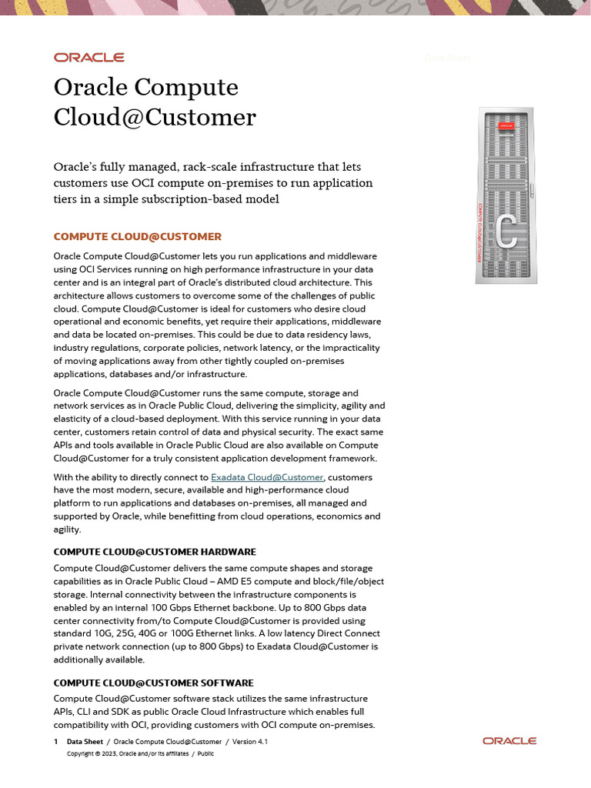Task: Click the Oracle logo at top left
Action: point(88,57)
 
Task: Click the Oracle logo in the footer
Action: point(509,740)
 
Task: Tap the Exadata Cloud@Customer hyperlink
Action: point(267,477)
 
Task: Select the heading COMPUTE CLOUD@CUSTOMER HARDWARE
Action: point(154,552)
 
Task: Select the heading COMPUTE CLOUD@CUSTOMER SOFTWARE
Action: point(152,683)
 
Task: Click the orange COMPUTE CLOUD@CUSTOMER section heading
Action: point(137,236)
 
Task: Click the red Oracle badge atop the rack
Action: point(506,125)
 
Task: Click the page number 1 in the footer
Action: point(55,741)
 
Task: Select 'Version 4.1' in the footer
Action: point(249,741)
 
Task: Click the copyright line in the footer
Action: point(140,753)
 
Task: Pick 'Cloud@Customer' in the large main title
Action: point(155,117)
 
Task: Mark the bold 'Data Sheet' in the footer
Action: point(85,741)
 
